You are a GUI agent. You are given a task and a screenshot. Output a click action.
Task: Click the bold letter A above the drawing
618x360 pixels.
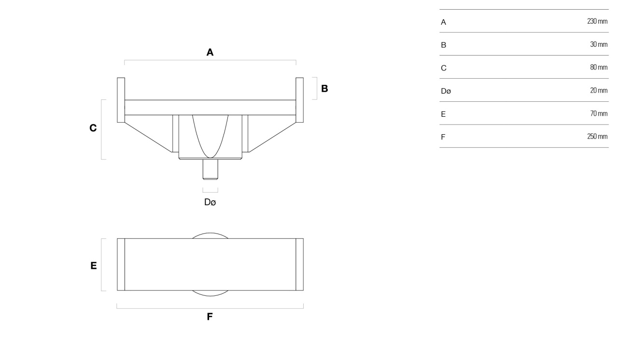point(210,52)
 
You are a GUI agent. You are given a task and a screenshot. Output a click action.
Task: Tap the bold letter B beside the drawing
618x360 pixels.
point(324,88)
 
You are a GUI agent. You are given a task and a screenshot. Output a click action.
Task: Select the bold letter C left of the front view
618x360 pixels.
point(93,128)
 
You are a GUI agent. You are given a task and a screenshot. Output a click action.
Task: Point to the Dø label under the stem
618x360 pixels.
point(210,202)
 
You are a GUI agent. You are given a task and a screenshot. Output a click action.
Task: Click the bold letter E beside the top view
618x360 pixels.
point(94,265)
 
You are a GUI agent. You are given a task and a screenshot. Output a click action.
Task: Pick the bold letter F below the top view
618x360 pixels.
point(210,317)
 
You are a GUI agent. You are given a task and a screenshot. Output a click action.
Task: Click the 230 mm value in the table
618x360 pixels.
point(597,21)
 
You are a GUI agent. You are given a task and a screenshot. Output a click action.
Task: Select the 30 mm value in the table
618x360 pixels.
point(599,44)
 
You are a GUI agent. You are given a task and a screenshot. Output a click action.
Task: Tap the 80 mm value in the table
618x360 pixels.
point(599,67)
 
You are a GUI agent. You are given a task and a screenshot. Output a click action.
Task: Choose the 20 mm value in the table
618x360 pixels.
point(599,90)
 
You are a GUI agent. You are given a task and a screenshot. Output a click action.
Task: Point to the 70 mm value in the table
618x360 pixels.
point(599,113)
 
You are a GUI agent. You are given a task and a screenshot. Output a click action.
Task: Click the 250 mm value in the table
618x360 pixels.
point(597,137)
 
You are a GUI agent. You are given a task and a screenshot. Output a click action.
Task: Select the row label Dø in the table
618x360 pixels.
point(446,91)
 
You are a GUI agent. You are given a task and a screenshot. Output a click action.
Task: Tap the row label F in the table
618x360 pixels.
point(443,137)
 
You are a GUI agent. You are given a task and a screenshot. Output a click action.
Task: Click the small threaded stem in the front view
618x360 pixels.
point(210,169)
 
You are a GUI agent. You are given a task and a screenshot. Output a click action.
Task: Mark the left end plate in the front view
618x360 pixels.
point(121,100)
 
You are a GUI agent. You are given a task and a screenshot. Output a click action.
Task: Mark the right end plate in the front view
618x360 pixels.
point(300,100)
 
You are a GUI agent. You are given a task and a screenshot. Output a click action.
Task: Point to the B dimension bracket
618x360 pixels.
point(317,88)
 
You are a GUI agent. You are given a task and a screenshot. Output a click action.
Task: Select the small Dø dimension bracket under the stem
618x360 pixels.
point(210,192)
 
